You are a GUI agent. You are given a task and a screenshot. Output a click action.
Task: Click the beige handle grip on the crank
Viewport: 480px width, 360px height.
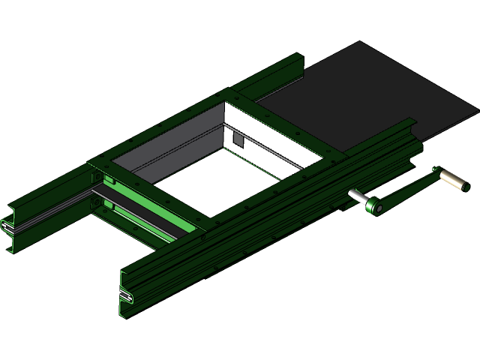[x=453, y=179]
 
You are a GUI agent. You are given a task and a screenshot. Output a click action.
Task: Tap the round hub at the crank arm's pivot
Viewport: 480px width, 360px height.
[x=373, y=205]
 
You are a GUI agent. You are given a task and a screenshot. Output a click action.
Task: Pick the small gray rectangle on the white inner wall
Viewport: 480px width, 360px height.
[x=238, y=139]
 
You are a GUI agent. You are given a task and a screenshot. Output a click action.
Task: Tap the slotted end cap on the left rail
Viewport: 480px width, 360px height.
[x=7, y=225]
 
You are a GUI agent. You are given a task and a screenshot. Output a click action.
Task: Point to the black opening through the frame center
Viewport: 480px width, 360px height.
[x=225, y=187]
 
